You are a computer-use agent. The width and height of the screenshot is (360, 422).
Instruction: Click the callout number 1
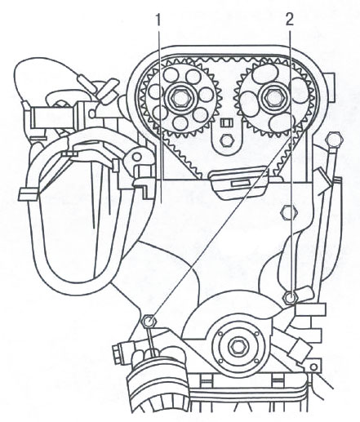click(158, 20)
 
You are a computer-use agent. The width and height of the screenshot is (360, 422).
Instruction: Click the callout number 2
click(290, 20)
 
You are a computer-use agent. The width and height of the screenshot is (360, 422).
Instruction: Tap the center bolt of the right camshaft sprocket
click(272, 96)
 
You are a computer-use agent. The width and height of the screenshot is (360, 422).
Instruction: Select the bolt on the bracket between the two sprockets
click(225, 140)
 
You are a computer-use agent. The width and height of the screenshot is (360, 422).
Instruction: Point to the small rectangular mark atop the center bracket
click(225, 122)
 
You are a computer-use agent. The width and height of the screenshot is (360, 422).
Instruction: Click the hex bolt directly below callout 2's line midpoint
click(289, 212)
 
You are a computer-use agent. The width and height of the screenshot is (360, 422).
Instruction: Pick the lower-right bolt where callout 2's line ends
click(290, 297)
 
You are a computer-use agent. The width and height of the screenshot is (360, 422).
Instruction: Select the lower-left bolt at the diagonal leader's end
click(149, 321)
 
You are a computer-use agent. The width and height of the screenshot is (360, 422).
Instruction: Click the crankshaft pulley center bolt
click(236, 348)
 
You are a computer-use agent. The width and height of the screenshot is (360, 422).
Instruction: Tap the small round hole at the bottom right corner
click(313, 367)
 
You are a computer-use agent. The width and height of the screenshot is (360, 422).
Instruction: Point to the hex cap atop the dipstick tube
click(336, 140)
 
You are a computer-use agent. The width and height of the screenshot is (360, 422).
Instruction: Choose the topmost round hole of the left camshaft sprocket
click(172, 73)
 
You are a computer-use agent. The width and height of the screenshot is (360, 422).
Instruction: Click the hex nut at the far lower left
click(116, 354)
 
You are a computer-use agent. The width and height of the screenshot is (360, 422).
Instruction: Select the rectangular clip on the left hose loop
click(28, 195)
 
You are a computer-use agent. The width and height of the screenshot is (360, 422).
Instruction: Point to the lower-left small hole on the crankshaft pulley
click(220, 361)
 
